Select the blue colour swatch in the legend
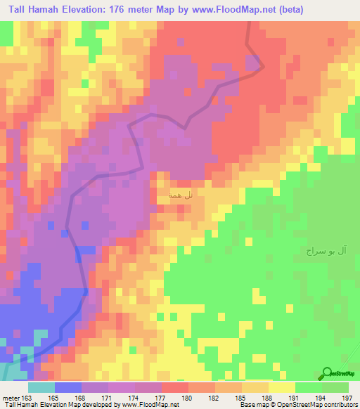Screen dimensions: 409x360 [x=68, y=387]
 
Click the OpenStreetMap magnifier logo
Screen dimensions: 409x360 [x=326, y=374]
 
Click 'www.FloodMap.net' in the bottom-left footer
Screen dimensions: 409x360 [x=150, y=405]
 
